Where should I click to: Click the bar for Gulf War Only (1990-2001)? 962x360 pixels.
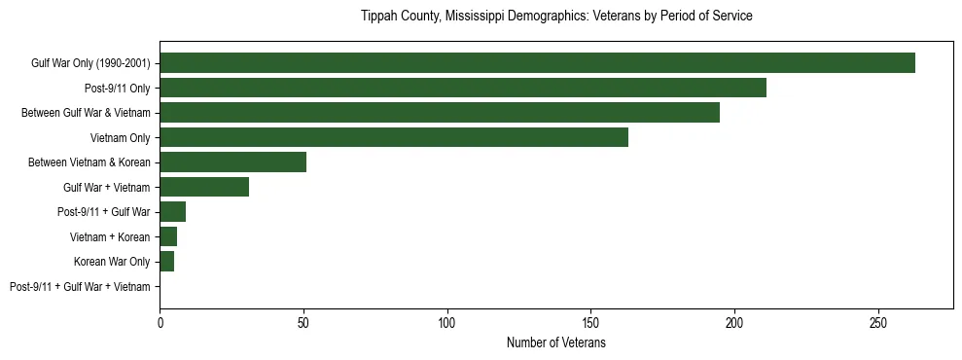click(537, 63)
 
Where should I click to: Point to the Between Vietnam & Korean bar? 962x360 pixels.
click(233, 162)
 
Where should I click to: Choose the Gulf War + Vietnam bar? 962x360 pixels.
click(204, 187)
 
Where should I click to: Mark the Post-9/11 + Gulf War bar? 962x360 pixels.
click(173, 212)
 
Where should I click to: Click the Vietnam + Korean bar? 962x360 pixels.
click(168, 236)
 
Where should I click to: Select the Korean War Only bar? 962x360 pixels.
click(167, 262)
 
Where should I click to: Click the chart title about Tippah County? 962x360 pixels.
click(556, 17)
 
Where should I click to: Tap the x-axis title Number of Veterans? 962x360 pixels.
click(556, 342)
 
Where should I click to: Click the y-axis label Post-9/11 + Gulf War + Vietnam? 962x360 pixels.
click(80, 286)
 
